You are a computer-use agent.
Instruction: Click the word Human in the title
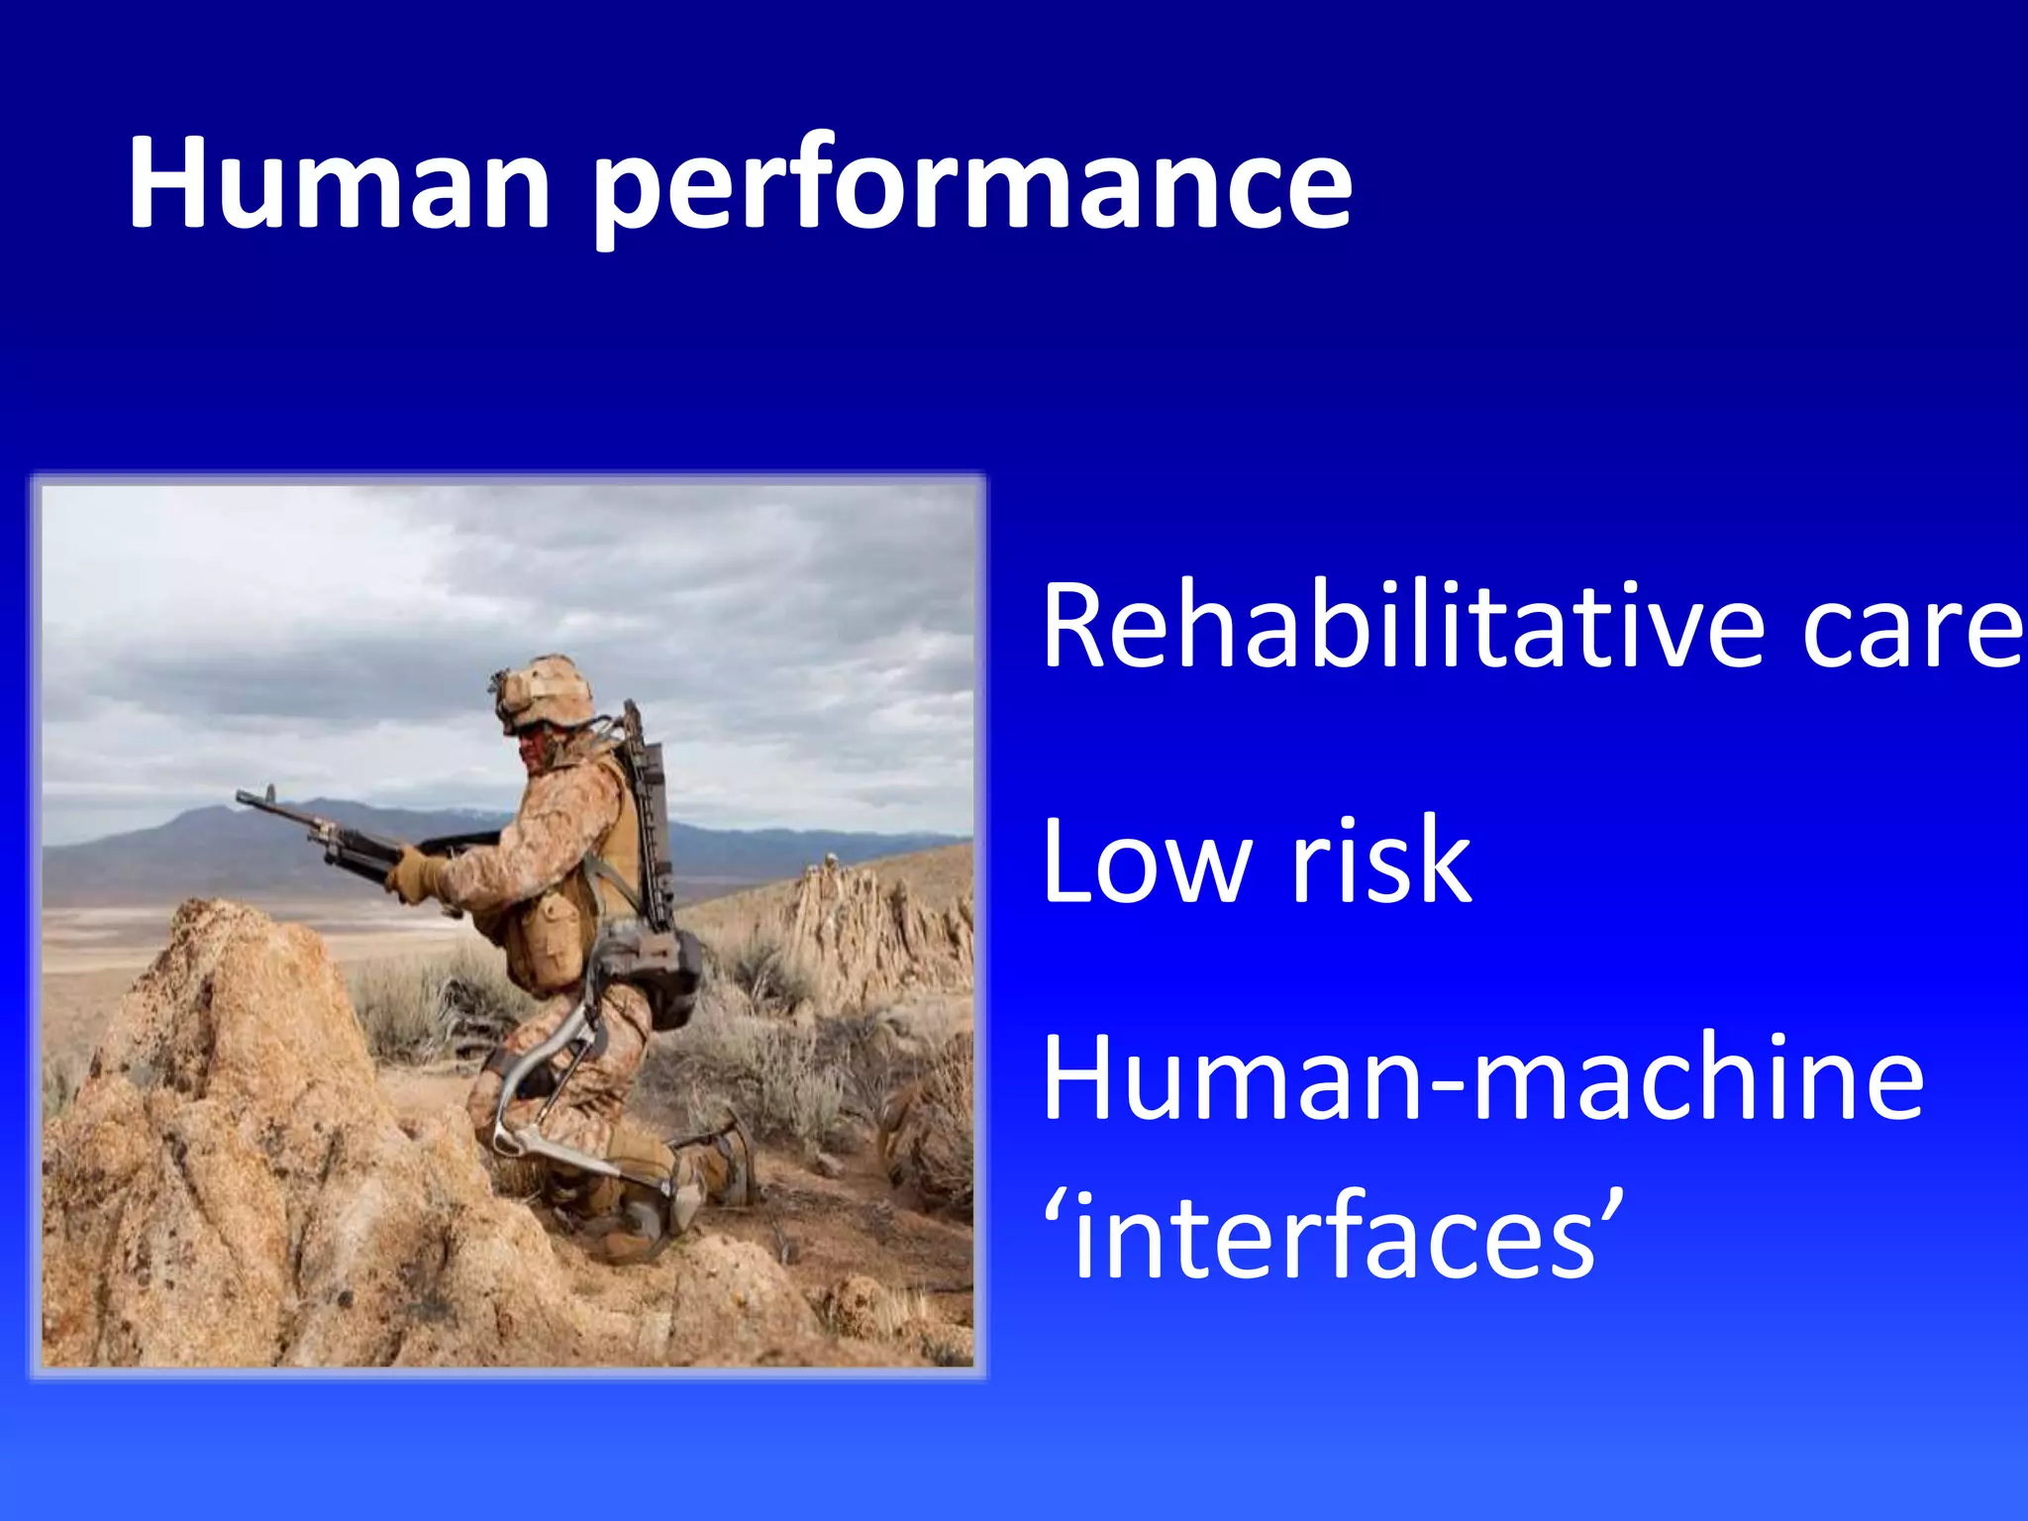tap(338, 183)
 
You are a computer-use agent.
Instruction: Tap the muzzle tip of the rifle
tap(244, 796)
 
